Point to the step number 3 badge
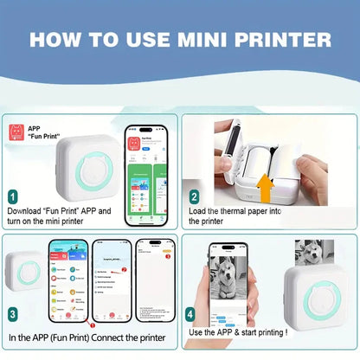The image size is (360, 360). pos(12,313)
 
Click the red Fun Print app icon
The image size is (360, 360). pos(16,132)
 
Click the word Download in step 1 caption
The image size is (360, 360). pos(27,211)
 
